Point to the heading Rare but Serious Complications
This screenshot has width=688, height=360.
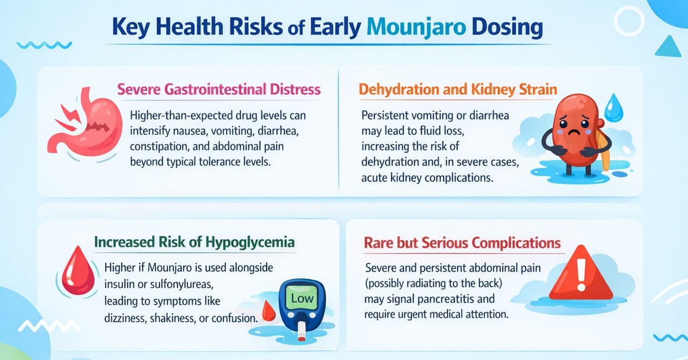tap(463, 242)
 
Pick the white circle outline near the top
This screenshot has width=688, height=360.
tap(629, 20)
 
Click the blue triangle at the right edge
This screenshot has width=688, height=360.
tap(668, 47)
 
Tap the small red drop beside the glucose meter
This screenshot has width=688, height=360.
tap(265, 311)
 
